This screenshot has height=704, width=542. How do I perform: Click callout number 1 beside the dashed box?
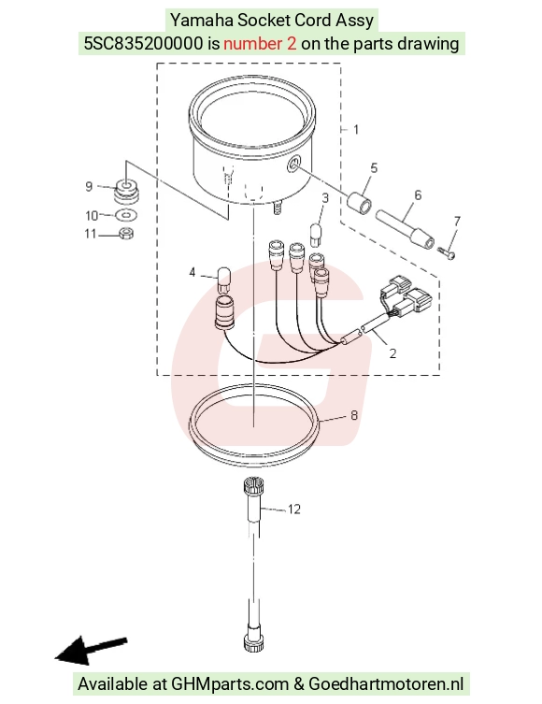(x=356, y=130)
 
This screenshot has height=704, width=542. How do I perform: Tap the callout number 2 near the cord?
(x=392, y=353)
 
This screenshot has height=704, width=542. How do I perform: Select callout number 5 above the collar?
(x=373, y=168)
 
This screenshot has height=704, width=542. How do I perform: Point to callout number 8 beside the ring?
(x=354, y=415)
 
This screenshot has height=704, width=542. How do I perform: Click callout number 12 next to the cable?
(x=293, y=510)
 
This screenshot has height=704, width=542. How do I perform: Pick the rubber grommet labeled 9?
(x=126, y=192)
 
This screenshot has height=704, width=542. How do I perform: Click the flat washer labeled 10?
(x=126, y=216)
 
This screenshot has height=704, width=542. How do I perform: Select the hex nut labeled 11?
(x=126, y=234)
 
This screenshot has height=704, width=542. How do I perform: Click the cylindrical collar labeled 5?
(x=360, y=203)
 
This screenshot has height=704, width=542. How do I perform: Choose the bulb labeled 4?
(x=223, y=280)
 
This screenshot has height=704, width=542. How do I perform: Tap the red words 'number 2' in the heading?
(x=260, y=44)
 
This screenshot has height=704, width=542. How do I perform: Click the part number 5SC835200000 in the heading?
(x=143, y=44)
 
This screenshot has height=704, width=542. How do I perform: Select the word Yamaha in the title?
(x=202, y=21)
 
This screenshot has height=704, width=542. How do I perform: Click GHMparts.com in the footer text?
(x=230, y=683)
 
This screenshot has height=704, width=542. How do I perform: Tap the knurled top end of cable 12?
(x=253, y=486)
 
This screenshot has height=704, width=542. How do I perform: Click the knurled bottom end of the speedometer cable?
(x=253, y=641)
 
